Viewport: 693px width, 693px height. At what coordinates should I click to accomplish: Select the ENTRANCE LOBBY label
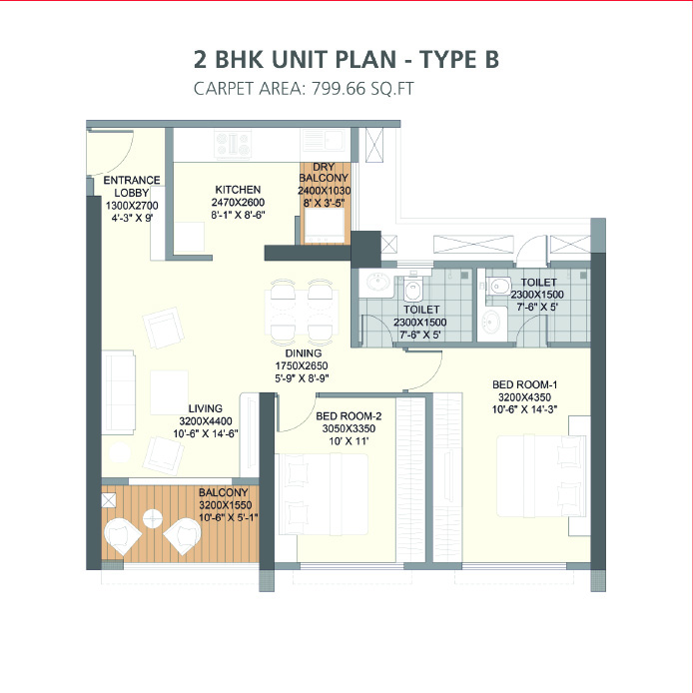(131, 187)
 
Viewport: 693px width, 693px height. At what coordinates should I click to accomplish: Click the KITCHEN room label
(238, 189)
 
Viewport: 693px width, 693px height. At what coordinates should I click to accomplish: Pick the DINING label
(302, 352)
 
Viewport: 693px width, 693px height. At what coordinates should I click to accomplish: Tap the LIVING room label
(206, 407)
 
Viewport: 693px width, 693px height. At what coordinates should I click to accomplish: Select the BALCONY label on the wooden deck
(223, 492)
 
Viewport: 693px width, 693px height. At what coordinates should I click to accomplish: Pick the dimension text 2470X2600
(238, 202)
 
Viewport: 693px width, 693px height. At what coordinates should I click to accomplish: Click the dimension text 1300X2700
(131, 205)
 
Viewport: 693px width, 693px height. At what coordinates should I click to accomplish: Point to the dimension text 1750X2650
(302, 365)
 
